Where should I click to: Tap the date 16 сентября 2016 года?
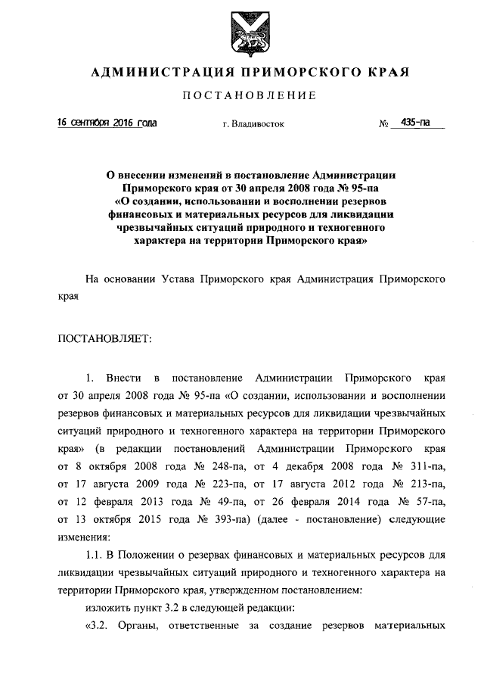click(107, 123)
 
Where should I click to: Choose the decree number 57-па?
click(430, 501)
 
